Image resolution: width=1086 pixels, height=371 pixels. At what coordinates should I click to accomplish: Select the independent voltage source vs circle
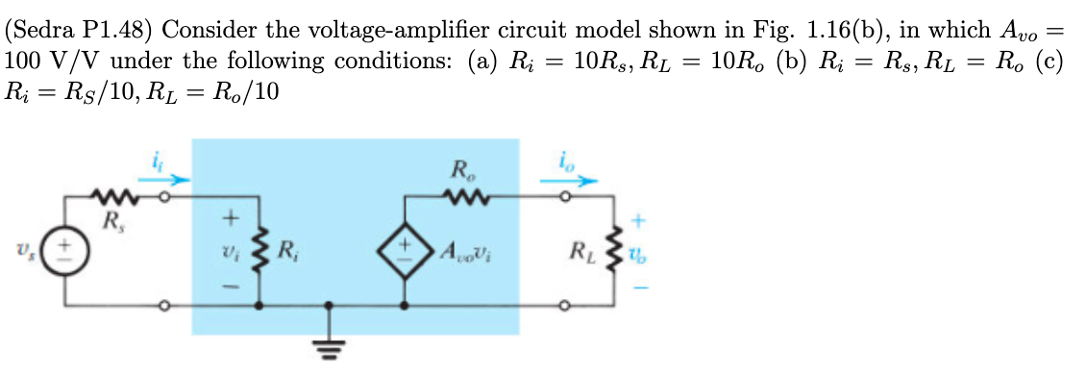point(64,253)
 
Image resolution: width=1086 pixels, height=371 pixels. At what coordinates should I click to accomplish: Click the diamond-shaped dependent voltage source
point(403,253)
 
